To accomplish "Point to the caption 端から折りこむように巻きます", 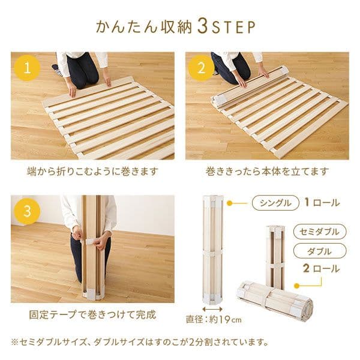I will tap(93, 172).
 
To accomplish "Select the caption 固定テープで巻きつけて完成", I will tap(92, 314).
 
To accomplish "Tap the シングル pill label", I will tap(275, 203).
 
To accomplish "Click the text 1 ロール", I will tap(322, 203).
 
